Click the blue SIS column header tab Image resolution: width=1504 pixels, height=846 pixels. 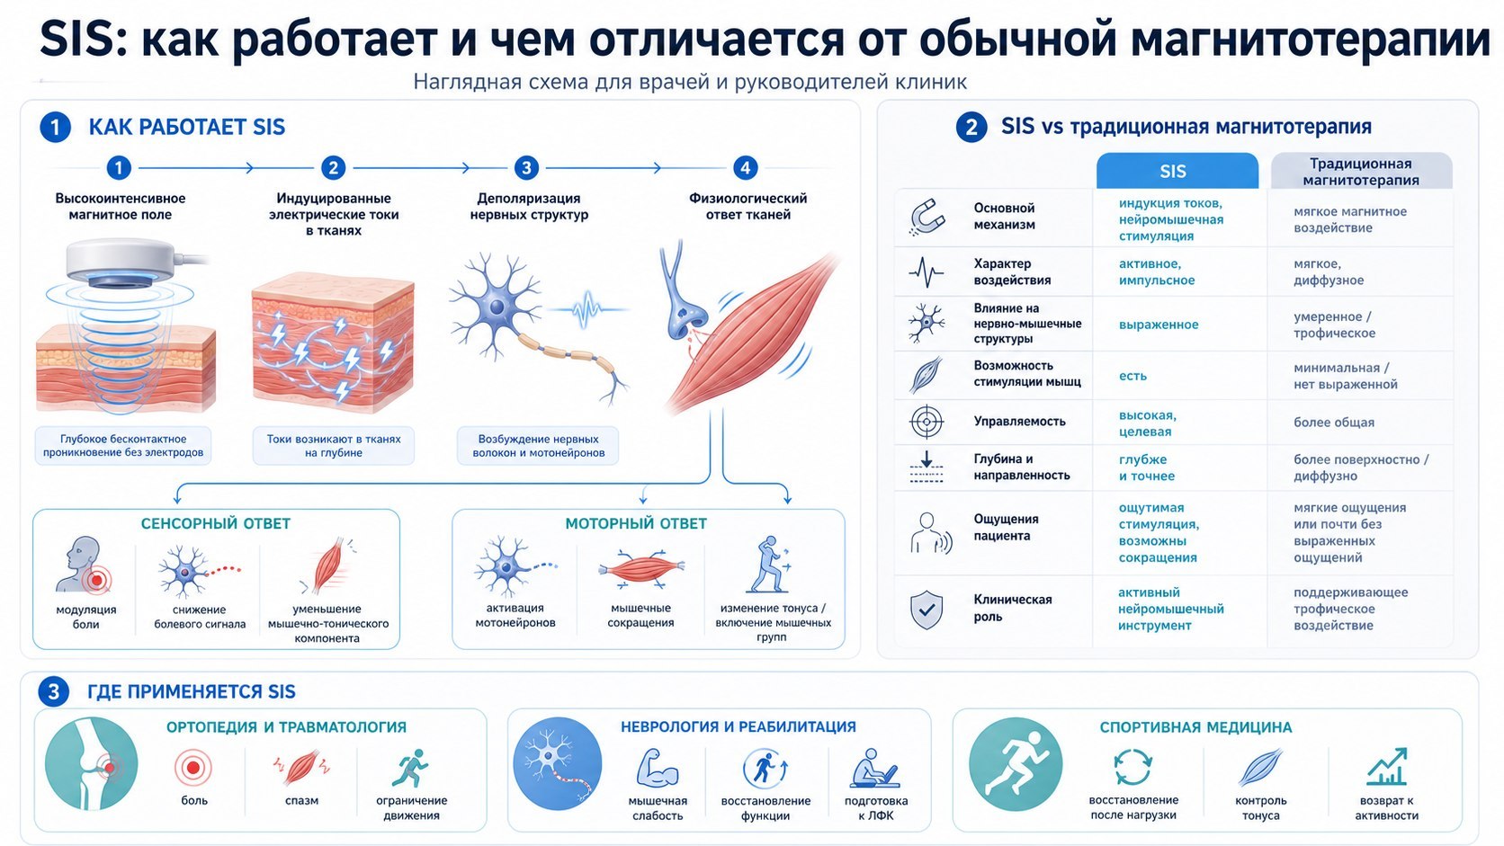1177,171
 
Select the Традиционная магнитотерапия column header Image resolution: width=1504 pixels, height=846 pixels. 1361,171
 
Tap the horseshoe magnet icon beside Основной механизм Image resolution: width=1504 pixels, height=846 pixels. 927,217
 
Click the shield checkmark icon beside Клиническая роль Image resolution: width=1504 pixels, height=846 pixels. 927,610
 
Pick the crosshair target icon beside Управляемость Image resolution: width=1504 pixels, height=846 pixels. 927,422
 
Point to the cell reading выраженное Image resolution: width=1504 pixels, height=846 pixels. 1159,325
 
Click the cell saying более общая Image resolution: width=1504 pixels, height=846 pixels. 1333,422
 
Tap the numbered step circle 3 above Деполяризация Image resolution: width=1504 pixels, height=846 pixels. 526,168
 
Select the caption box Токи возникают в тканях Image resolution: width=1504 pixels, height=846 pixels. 334,445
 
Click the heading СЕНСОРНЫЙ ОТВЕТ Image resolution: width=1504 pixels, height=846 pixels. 216,523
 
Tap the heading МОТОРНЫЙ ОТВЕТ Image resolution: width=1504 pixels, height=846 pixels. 636,523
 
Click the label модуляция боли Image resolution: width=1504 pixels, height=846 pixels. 86,617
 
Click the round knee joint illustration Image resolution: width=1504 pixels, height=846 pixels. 92,763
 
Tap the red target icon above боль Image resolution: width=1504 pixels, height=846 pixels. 193,767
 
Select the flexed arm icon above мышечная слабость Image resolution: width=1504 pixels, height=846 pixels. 658,768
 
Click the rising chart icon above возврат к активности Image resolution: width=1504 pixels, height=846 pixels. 1386,767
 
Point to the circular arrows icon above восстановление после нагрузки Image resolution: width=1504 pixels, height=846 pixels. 1132,767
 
